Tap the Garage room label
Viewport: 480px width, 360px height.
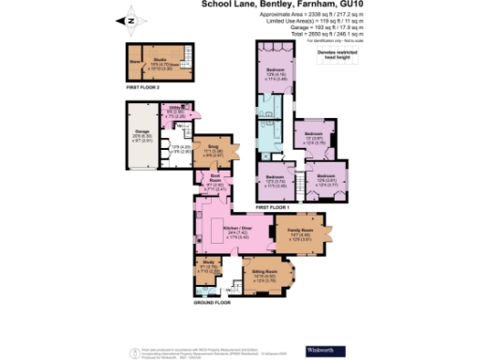coord(144,135)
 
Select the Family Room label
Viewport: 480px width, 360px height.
coord(300,228)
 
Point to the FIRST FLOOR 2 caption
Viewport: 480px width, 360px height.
coord(147,88)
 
